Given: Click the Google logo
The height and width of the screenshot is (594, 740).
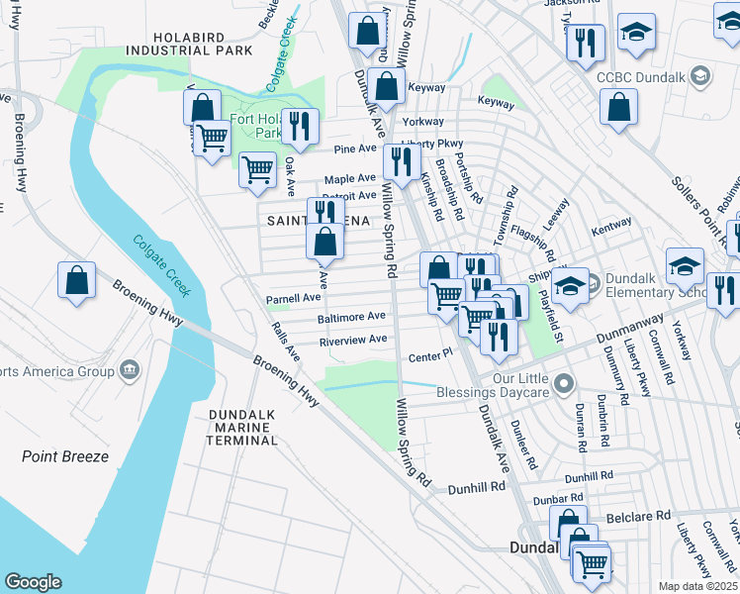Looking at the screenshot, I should point(33,582).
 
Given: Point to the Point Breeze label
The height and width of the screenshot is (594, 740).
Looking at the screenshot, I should point(65,456).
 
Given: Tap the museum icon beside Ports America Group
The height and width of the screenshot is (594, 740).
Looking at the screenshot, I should point(129,371).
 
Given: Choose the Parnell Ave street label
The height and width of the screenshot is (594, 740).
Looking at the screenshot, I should point(293,298).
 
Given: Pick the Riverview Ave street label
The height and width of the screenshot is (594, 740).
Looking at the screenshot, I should point(352,340).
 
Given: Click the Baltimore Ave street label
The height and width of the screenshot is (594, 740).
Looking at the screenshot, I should point(351,317).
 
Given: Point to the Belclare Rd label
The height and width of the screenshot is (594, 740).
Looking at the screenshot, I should point(638,516).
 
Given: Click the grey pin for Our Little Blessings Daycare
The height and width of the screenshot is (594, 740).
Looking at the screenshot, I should point(564,382).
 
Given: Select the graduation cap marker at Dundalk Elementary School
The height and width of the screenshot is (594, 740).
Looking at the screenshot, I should point(570,284).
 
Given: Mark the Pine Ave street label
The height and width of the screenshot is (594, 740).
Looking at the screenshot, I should point(355,148).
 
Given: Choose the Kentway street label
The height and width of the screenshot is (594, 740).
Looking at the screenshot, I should point(611,227).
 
